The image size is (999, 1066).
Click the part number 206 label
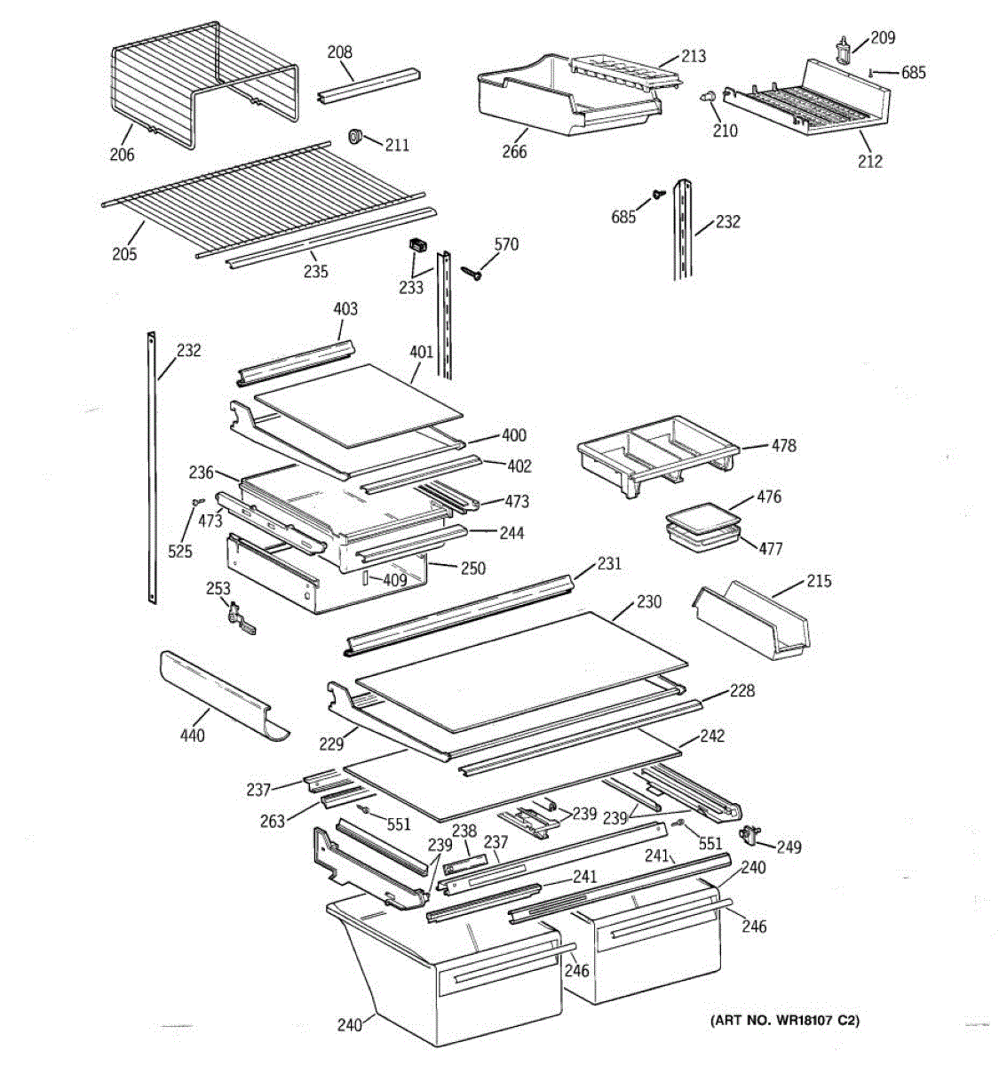pos(122,155)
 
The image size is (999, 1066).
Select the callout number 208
pos(339,52)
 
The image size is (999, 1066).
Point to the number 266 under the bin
pos(513,151)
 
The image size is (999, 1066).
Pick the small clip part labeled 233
pos(416,245)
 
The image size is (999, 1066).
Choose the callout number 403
pos(345,309)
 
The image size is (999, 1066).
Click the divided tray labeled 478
pos(657,453)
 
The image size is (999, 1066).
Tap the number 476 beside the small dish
pos(769,497)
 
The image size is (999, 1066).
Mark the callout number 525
pos(179,552)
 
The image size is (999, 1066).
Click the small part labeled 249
pos(750,833)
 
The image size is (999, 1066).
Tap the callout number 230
pos(648,601)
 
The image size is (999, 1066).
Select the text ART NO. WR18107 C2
pos(785,1021)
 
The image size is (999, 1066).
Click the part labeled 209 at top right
pos(844,51)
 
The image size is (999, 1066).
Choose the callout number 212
pos(869,161)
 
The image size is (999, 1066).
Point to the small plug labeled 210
pos(709,97)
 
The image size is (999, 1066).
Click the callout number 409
pos(394,581)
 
